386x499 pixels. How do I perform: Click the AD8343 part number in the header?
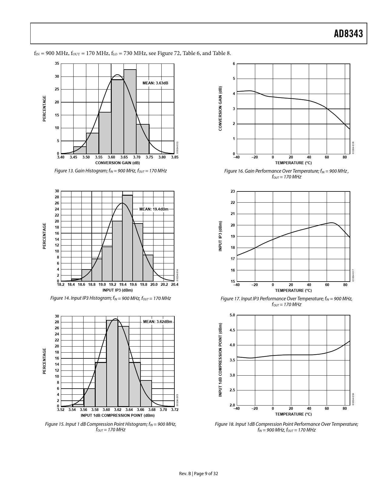coord(348,34)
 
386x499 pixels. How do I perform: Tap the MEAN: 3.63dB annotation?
coord(155,83)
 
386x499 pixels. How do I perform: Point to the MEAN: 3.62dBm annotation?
coord(157,321)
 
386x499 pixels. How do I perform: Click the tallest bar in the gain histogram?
coord(130,112)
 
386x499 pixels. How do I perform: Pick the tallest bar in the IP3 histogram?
coord(127,238)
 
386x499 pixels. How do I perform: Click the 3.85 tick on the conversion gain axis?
coord(174,157)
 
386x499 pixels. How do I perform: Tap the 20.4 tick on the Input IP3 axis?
coord(174,285)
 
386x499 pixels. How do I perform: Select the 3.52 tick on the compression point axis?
coord(61,410)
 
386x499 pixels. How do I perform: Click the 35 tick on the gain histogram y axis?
coord(57,64)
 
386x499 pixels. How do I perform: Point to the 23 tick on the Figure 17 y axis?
coord(233,191)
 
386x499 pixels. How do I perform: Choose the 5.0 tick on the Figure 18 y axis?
coord(232,315)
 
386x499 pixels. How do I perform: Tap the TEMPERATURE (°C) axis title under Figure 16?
coord(293,163)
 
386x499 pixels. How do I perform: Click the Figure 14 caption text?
coord(111,298)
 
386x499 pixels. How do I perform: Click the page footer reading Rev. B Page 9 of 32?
coord(199,474)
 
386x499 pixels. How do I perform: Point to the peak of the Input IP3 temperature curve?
coord(332,223)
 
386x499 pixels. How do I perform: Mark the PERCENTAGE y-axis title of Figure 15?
coord(45,361)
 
